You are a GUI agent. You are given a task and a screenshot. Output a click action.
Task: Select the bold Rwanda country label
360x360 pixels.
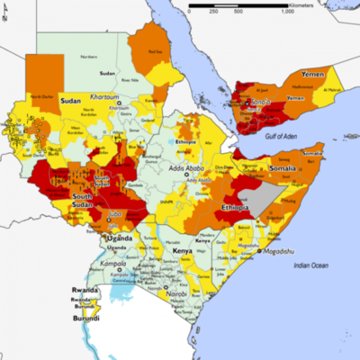pyautogui.click(x=85, y=290)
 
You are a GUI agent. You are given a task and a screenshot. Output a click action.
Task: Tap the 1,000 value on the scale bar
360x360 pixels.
pyautogui.click(x=286, y=13)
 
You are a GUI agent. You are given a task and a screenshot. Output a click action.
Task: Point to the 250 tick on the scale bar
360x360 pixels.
pyautogui.click(x=213, y=13)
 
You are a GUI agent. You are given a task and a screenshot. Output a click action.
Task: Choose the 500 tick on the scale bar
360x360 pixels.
pyautogui.click(x=237, y=13)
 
